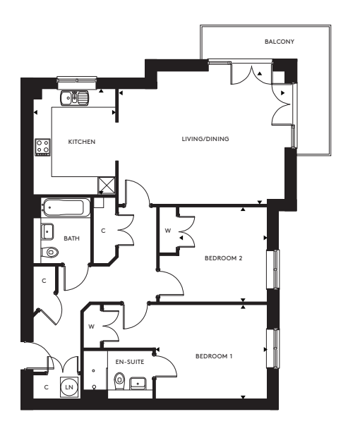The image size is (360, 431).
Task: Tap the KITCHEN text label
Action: [x=81, y=142]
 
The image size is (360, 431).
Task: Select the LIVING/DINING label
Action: [x=205, y=138]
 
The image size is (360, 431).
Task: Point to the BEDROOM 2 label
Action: [x=223, y=258]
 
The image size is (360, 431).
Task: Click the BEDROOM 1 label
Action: [x=214, y=356]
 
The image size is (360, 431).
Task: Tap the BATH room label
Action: [x=72, y=238]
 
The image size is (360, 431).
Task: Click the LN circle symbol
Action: [x=70, y=387]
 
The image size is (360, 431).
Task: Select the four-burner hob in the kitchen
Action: [x=42, y=147]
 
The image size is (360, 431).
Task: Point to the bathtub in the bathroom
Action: [x=65, y=208]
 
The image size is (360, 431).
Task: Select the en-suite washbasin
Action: [x=138, y=382]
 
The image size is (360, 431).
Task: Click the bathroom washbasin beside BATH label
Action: [x=49, y=231]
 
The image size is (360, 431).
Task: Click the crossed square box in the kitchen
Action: [x=107, y=185]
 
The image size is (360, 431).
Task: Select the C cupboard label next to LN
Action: [x=46, y=387]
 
